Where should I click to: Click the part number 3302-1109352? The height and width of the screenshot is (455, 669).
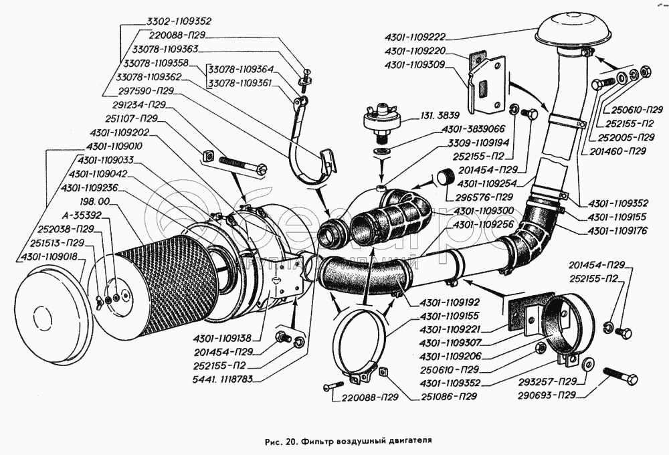click(x=175, y=20)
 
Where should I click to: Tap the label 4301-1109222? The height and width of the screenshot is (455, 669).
click(x=420, y=37)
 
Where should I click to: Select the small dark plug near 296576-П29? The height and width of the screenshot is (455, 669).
click(x=442, y=177)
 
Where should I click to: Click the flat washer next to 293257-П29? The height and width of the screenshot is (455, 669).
click(x=588, y=364)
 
